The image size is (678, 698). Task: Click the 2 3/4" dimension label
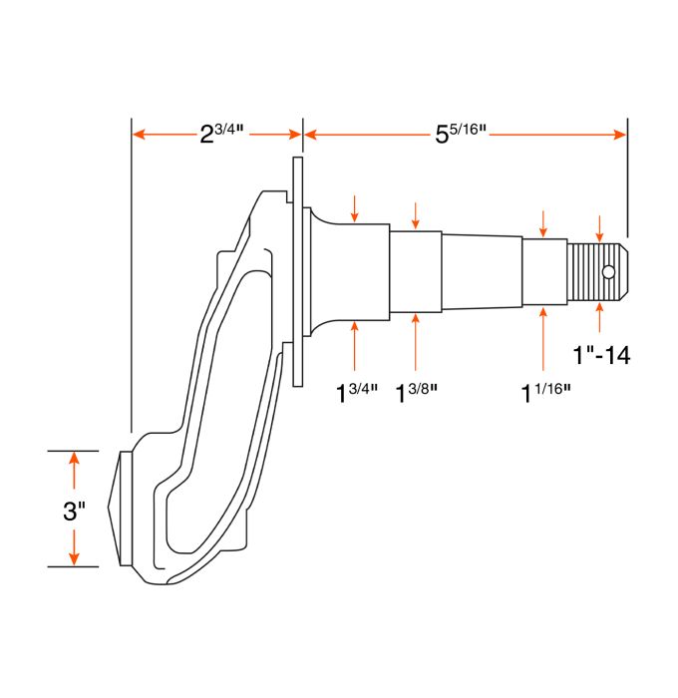[x=221, y=134]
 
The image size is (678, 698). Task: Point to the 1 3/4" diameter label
[x=357, y=390]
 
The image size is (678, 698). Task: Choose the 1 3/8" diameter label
[x=418, y=390]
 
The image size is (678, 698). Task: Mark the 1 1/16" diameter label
[x=544, y=390]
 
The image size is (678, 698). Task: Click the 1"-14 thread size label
[x=601, y=354]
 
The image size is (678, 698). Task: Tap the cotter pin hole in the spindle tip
[x=607, y=271]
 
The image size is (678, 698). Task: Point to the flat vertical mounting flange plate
[x=297, y=269]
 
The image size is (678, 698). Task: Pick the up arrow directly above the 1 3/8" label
[x=415, y=344]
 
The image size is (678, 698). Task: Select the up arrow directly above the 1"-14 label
[x=599, y=317]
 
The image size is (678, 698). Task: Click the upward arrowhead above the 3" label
[x=74, y=460]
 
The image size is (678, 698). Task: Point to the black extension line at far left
[x=132, y=279]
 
